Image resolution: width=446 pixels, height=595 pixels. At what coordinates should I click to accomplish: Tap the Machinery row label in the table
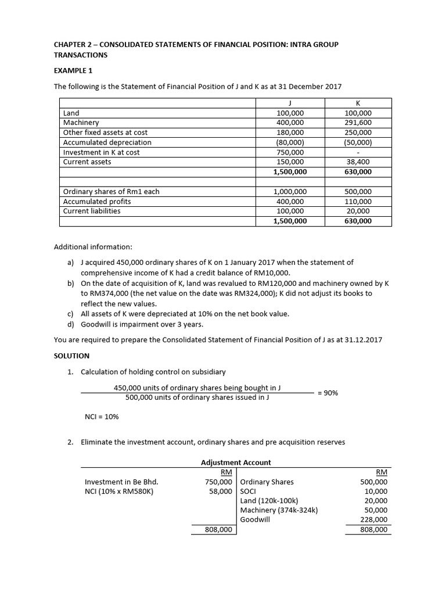point(81,123)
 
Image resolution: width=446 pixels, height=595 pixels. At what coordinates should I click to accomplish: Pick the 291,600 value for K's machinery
point(358,123)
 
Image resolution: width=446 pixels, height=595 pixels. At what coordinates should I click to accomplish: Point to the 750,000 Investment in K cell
point(290,152)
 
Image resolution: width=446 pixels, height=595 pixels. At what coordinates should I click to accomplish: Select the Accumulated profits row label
point(97,202)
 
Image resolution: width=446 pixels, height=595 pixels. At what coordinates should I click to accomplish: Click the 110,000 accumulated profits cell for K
point(358,202)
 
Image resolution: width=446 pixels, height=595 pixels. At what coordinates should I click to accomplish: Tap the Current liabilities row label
point(92,211)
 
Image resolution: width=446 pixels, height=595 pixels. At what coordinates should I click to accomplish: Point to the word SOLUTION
point(71,355)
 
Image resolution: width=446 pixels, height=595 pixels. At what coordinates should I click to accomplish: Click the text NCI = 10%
point(102,416)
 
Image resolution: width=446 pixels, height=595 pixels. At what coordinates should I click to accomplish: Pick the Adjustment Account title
point(236,463)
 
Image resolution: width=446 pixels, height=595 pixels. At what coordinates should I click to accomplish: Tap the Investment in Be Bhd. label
point(121,482)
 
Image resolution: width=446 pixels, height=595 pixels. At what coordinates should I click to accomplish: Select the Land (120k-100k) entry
point(269,500)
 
